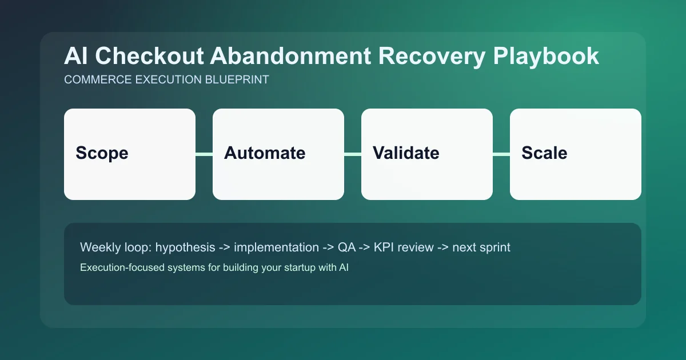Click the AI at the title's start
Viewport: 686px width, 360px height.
click(x=75, y=57)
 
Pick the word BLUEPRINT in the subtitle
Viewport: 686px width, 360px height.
click(x=237, y=80)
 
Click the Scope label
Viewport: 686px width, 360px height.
click(x=102, y=153)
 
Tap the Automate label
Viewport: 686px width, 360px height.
click(x=265, y=153)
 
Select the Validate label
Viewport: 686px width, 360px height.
click(x=406, y=153)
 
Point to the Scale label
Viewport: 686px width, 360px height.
click(x=544, y=153)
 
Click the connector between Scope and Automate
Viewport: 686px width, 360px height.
click(x=204, y=154)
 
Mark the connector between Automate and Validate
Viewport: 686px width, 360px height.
click(x=353, y=154)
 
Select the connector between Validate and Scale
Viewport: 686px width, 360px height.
click(x=501, y=154)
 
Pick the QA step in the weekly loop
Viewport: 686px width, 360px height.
click(x=346, y=248)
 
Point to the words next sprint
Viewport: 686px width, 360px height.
click(x=481, y=248)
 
